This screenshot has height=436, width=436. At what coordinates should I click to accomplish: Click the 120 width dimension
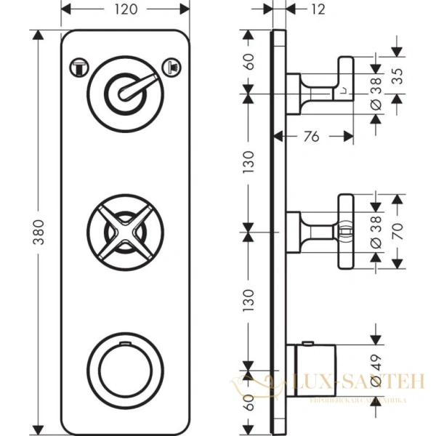point(125,9)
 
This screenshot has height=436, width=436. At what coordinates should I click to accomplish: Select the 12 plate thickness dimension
point(318,9)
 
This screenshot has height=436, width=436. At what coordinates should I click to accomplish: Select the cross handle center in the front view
point(120,232)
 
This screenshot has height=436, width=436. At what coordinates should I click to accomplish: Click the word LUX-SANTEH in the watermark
point(342,380)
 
